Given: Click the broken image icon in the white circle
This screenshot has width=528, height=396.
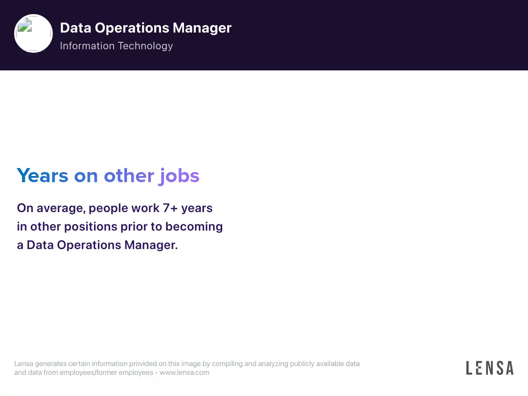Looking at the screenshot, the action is [25, 25].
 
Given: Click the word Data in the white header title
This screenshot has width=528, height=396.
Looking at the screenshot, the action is [76, 28].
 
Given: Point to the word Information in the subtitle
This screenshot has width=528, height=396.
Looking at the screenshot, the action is [87, 46].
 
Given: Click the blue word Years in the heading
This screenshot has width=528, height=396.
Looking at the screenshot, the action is [43, 176].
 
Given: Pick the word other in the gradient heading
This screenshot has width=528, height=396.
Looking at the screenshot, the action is [129, 175].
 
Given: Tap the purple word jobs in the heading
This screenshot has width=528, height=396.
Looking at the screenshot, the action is [179, 176].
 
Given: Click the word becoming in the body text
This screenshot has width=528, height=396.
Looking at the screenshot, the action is [194, 227].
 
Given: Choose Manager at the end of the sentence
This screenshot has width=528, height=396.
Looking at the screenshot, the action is [151, 246].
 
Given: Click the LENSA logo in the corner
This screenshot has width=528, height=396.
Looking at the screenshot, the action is [490, 368].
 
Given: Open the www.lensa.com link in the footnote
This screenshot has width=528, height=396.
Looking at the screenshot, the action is [184, 372].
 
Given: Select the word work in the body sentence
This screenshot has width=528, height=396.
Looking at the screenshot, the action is [145, 208].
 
